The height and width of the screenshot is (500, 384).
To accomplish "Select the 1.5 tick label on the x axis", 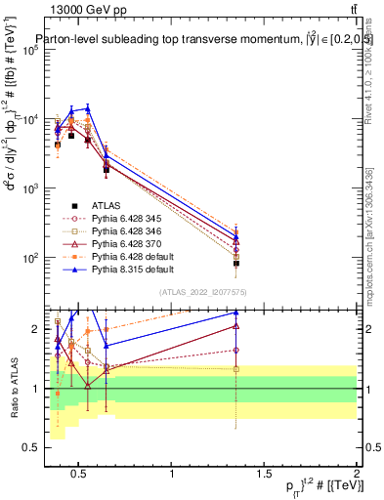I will coord(264,476).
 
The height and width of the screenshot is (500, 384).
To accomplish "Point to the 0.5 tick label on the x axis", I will coord(80,476).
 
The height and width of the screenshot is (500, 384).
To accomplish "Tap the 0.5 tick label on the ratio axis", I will coord(29,447).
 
